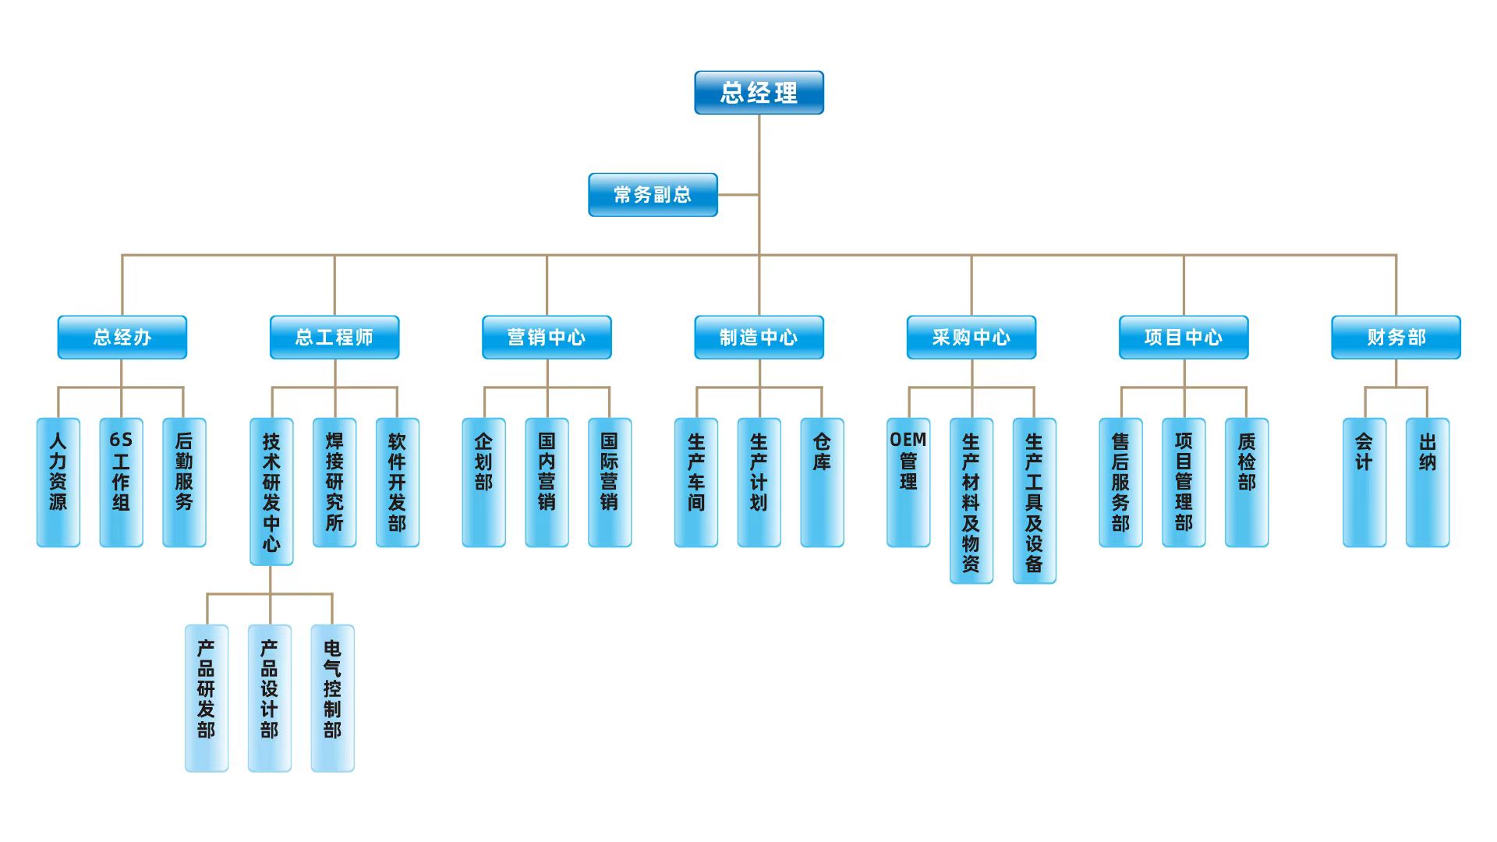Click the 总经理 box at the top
pyautogui.click(x=759, y=93)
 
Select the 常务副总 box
pyautogui.click(x=653, y=195)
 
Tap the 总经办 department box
pyautogui.click(x=122, y=338)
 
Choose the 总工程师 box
pyautogui.click(x=334, y=338)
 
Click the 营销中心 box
pyautogui.click(x=547, y=338)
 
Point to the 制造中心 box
pyautogui.click(x=759, y=338)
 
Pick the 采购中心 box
pyautogui.click(x=971, y=338)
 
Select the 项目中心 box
pyautogui.click(x=1184, y=338)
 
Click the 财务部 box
pyautogui.click(x=1396, y=338)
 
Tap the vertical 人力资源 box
pyautogui.click(x=58, y=483)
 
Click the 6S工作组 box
pyautogui.click(x=121, y=483)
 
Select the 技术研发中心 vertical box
pyautogui.click(x=271, y=492)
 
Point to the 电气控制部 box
pyautogui.click(x=332, y=698)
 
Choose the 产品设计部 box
pyautogui.click(x=269, y=698)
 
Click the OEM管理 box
pyautogui.click(x=908, y=483)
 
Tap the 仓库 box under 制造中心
pyautogui.click(x=822, y=483)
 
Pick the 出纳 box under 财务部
pyautogui.click(x=1427, y=483)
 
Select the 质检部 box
pyautogui.click(x=1247, y=483)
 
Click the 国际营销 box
pyautogui.click(x=610, y=483)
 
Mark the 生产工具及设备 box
pyautogui.click(x=1034, y=501)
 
